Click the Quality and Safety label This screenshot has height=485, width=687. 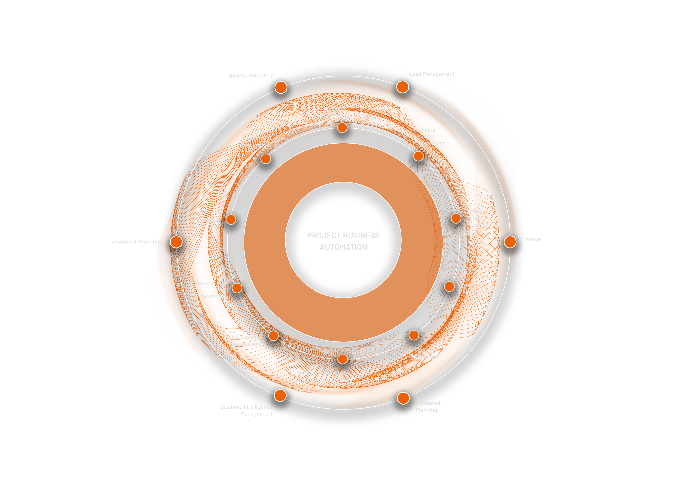pos(251,76)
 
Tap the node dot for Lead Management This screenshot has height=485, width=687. pos(402,87)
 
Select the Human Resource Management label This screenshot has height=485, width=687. pos(326,112)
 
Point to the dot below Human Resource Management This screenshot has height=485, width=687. pos(342,128)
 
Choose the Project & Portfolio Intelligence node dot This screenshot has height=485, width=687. pos(266,159)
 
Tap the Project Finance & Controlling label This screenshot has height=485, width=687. pos(206,219)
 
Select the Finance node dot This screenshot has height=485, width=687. pos(510,242)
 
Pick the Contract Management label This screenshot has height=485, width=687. pos(474,289)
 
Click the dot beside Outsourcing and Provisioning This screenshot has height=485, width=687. pos(237,288)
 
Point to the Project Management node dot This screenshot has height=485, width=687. pos(414,335)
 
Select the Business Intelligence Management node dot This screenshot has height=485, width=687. pos(280,395)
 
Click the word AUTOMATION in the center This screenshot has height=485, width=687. pos(343,247)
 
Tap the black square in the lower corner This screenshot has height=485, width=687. pos(179,415)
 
